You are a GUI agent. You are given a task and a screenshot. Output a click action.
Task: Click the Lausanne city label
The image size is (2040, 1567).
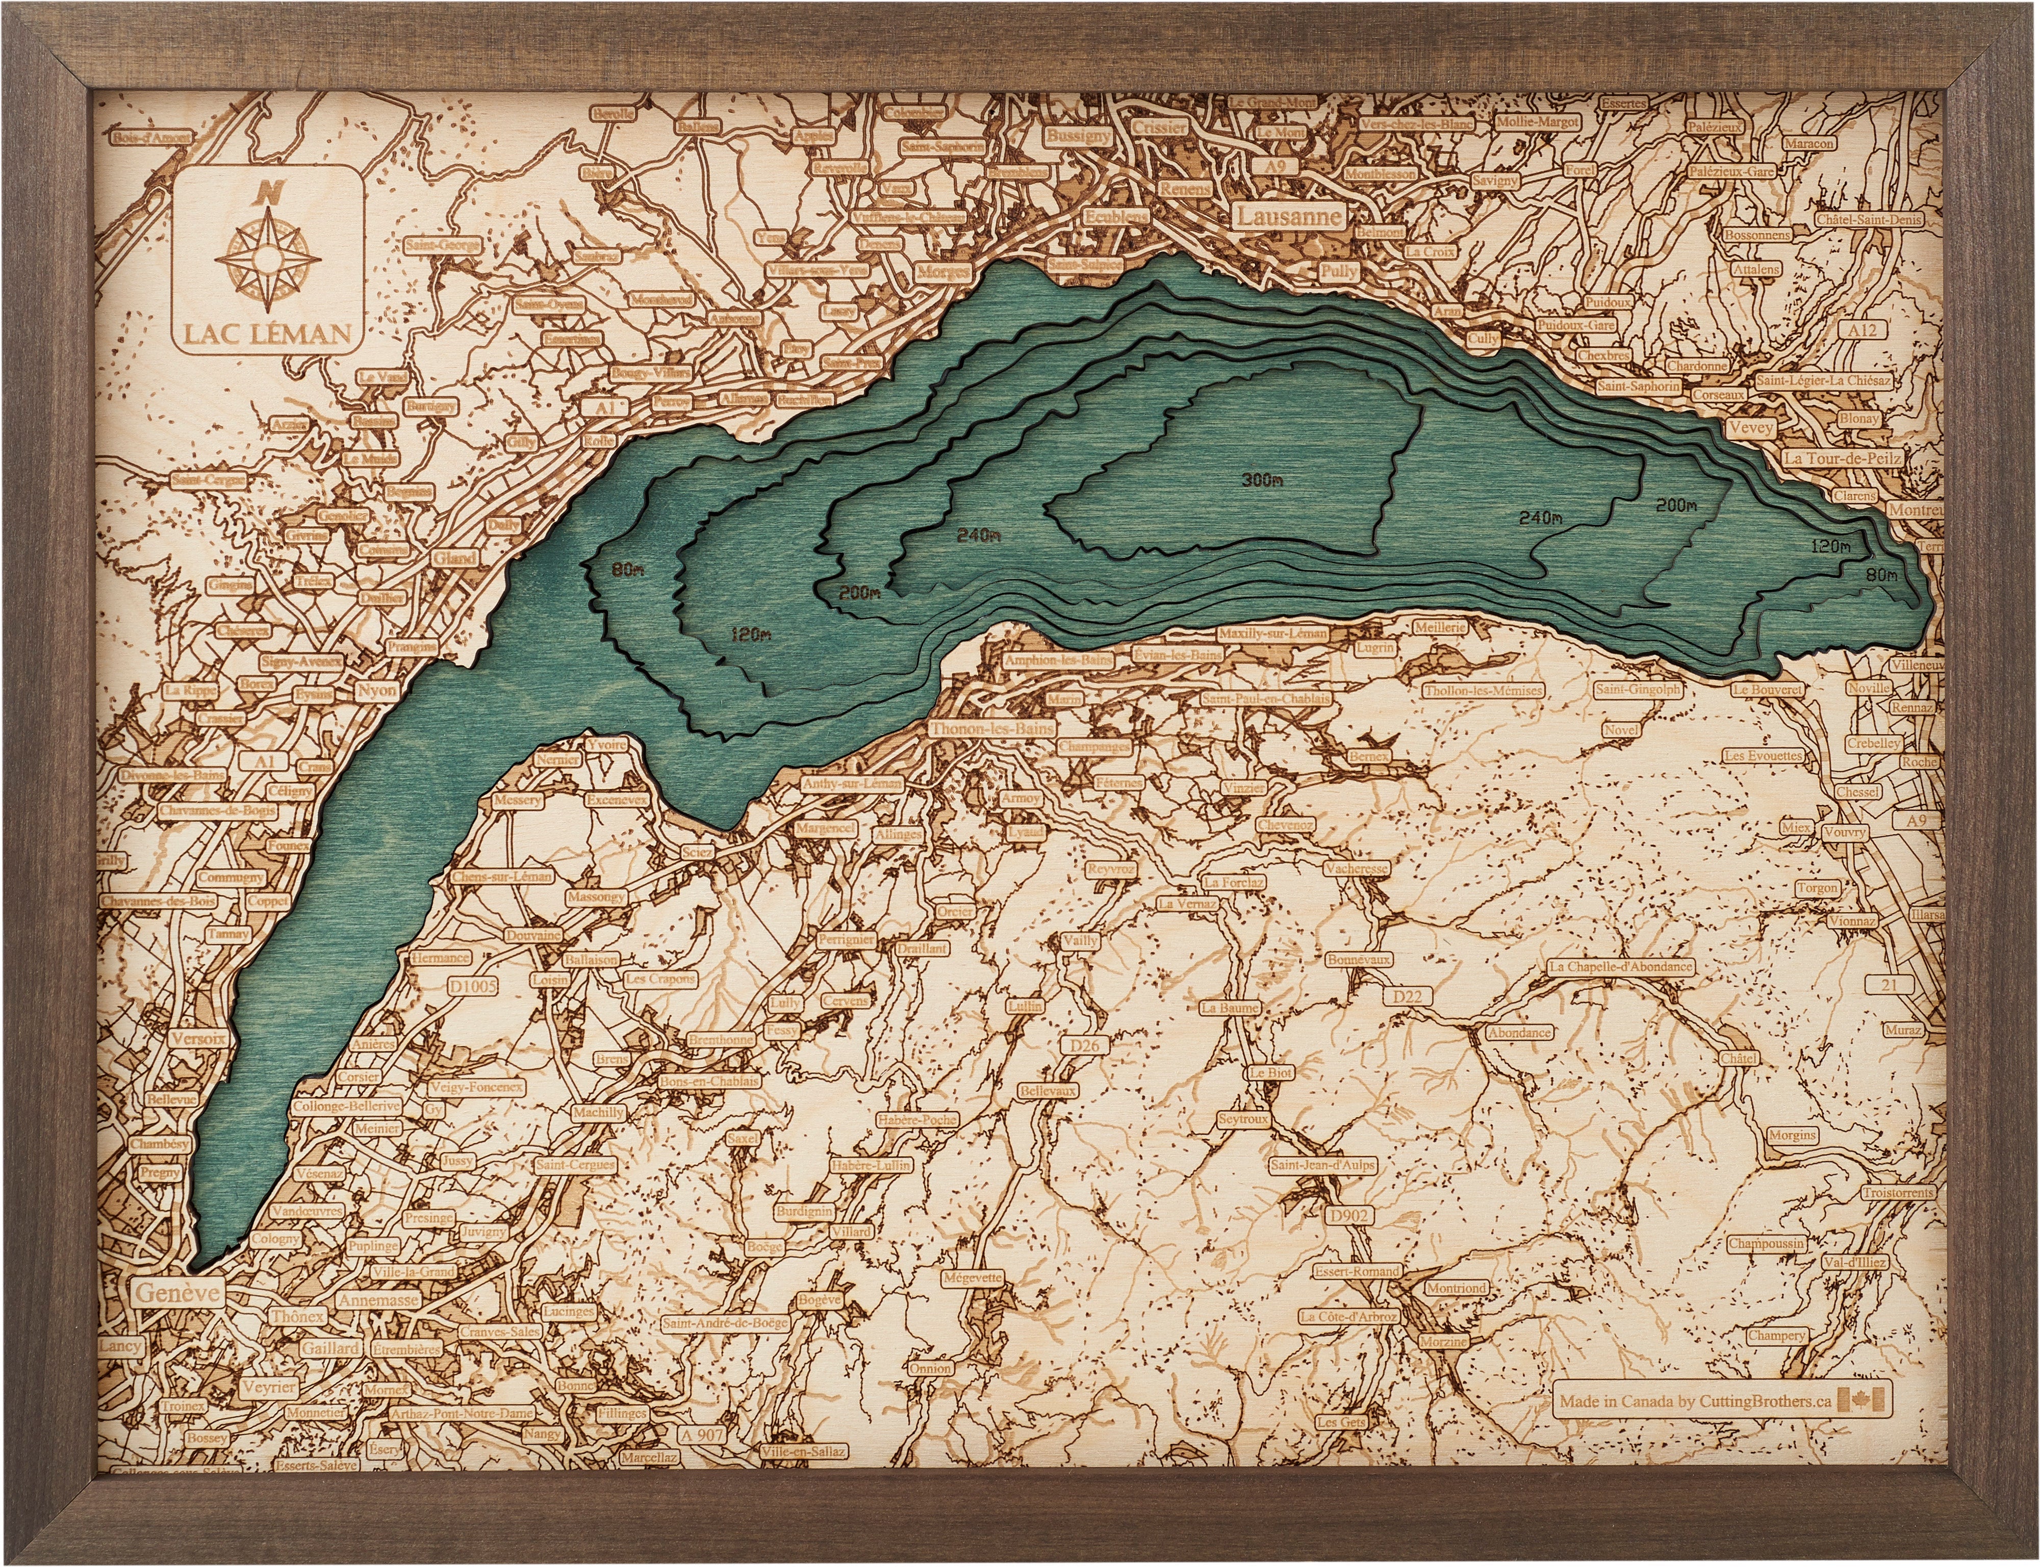[x=1290, y=216]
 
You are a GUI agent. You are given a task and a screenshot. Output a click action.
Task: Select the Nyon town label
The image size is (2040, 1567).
[x=376, y=691]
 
